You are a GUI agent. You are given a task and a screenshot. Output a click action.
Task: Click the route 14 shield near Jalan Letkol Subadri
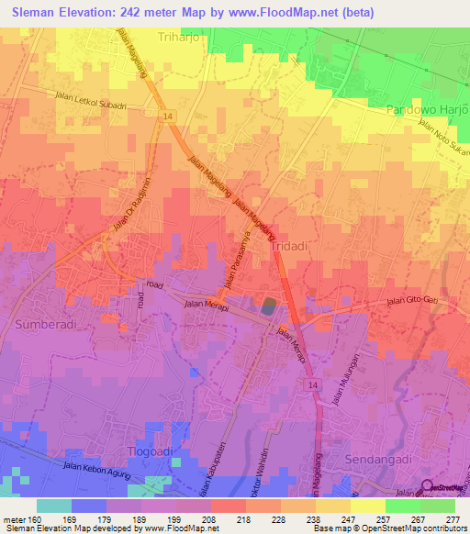pyautogui.click(x=168, y=116)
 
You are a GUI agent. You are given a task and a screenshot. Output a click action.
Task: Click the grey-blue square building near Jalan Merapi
pyautogui.click(x=267, y=306)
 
